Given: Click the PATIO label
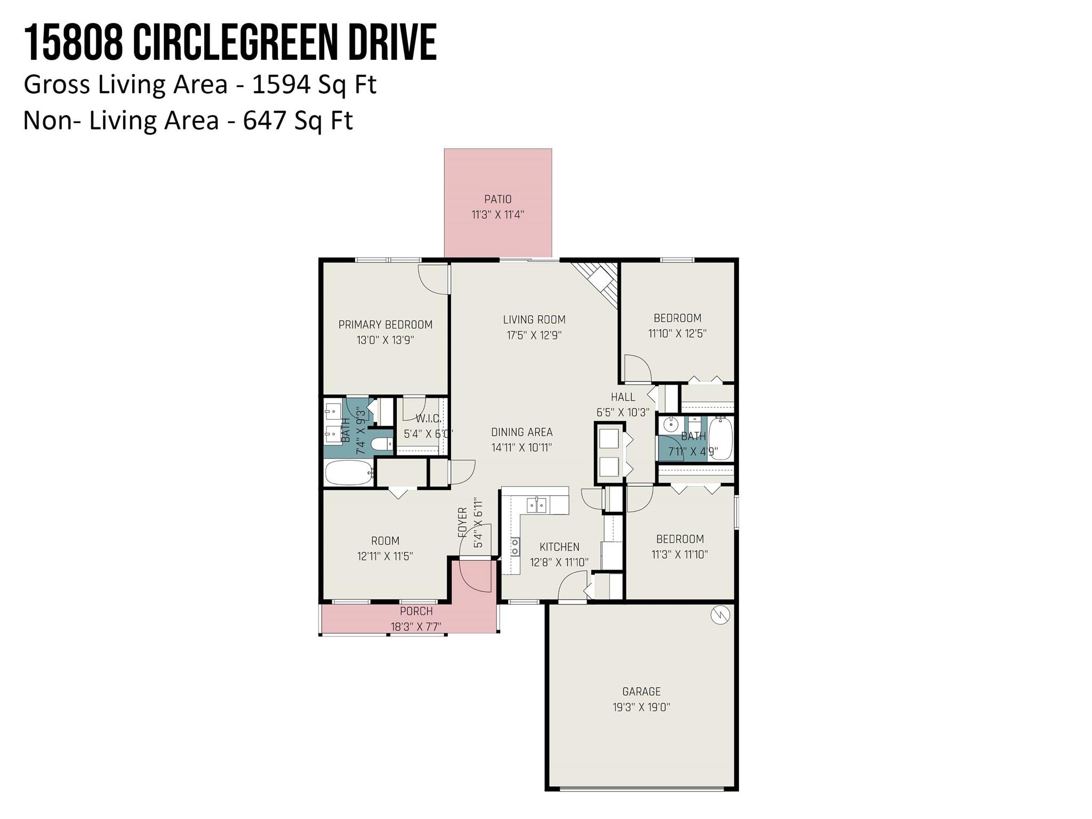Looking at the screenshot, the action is point(497,199).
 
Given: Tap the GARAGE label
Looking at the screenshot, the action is point(641,692).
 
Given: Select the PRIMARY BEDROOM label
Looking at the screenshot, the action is point(386,325).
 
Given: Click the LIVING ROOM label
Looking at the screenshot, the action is point(534,319).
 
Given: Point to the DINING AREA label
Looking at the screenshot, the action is point(521,432).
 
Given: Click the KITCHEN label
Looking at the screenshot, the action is point(559,547).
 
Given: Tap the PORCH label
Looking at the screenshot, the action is point(416,611).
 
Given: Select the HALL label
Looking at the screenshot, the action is point(623,397).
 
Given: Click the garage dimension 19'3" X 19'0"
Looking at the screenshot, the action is point(641,708).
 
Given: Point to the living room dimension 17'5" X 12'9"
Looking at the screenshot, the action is point(534,335).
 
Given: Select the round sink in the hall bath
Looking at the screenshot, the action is point(671,425).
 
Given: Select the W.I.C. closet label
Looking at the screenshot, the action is point(429,419).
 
